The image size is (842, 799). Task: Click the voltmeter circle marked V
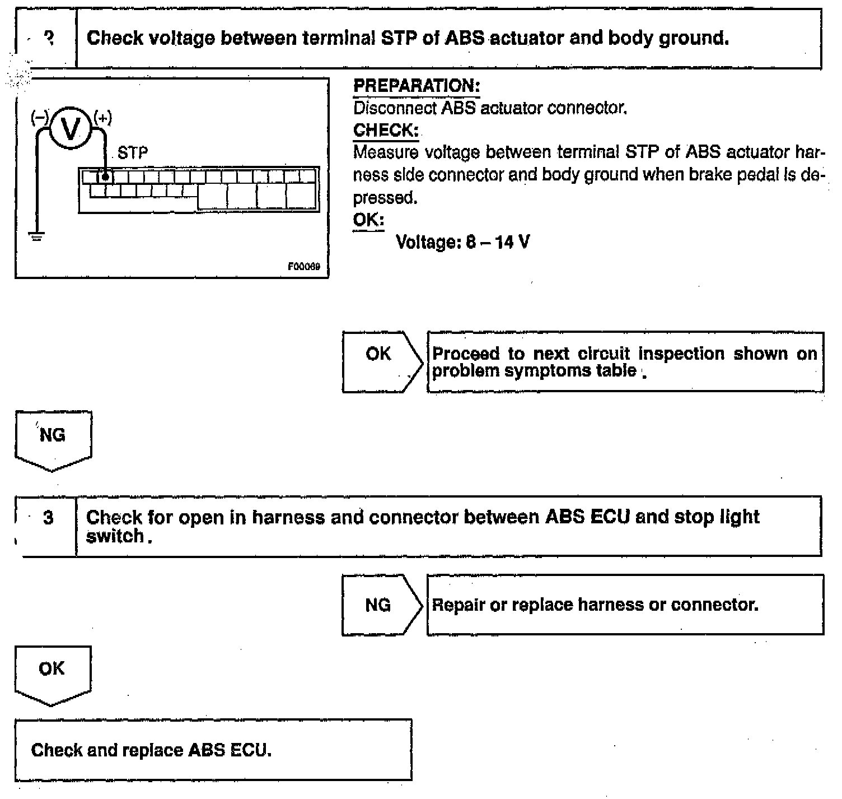71,129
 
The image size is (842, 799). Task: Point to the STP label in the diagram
133,153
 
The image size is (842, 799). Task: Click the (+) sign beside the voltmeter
102,117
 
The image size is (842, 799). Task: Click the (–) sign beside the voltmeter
40,117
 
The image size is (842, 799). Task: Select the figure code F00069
304,267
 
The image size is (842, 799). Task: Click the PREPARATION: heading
417,86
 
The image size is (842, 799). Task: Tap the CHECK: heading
386,130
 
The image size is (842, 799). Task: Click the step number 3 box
48,518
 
